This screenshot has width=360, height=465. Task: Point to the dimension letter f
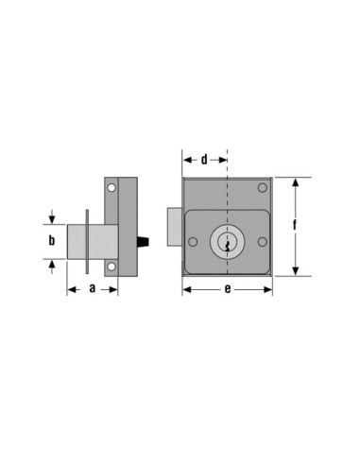296,227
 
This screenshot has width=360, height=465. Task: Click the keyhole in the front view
228,244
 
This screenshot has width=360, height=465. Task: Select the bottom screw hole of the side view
111,267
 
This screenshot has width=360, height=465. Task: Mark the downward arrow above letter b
53,218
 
